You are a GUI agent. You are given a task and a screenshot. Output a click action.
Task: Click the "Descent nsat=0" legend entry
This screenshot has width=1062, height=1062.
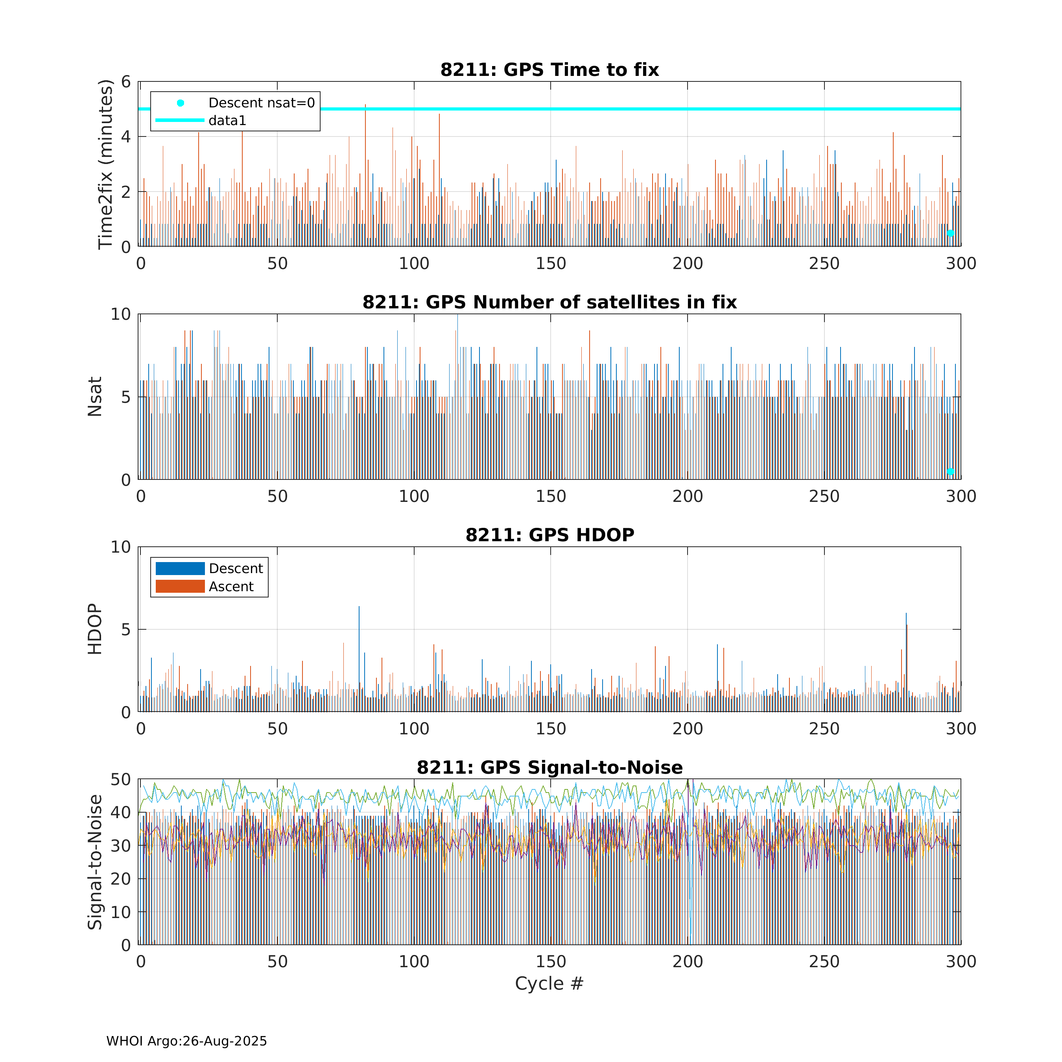point(261,103)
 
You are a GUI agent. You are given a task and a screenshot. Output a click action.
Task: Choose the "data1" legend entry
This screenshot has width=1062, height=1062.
point(227,120)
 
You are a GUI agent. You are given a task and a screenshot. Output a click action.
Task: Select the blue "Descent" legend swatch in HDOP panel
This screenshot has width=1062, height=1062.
point(180,568)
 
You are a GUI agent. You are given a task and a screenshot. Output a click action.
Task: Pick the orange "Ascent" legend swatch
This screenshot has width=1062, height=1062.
point(180,586)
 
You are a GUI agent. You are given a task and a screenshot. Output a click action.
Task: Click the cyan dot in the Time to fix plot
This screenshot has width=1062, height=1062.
point(950,233)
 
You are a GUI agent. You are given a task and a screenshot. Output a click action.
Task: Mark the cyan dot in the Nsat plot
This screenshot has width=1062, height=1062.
point(950,472)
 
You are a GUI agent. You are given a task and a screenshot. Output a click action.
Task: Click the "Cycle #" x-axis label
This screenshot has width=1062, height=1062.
point(549,983)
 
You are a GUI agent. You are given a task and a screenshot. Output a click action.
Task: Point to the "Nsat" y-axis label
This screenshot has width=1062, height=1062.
point(94,396)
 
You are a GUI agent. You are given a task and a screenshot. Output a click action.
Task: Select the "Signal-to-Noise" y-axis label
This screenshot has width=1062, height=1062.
point(94,862)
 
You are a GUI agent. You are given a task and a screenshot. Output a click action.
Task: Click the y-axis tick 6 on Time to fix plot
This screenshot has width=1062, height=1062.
point(126,82)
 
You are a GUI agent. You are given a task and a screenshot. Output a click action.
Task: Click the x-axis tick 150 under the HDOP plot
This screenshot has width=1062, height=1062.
point(551,729)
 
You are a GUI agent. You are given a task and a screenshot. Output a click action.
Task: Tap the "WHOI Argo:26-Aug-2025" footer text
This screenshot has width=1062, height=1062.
point(186,1041)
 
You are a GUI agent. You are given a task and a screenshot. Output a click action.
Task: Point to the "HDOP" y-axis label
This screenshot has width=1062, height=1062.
point(94,629)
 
